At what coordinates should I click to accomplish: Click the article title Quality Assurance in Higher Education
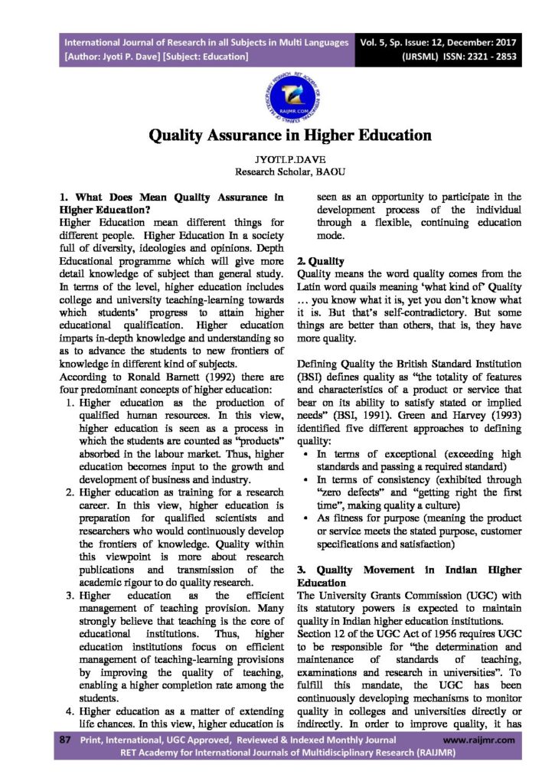279,136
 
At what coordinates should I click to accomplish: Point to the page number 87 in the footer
65,740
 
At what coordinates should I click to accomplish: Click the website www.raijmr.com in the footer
479,740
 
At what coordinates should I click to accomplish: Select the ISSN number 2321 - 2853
485,57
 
